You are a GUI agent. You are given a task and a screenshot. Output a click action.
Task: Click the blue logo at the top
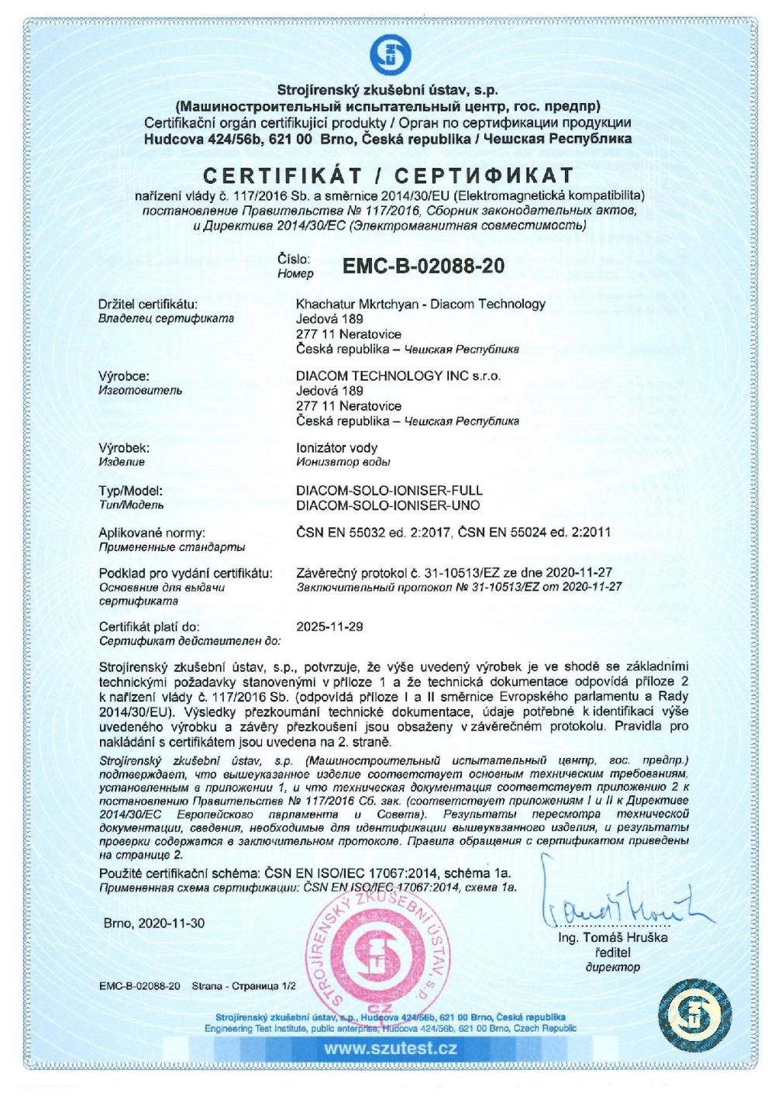(x=388, y=53)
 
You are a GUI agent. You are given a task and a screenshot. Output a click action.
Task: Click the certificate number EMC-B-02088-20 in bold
(x=423, y=267)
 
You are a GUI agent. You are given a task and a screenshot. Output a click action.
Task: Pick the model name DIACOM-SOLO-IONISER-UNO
(x=388, y=505)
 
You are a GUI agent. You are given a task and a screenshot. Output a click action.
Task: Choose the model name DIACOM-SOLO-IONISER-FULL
(x=390, y=491)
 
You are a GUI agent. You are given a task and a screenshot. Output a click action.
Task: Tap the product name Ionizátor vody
(x=337, y=448)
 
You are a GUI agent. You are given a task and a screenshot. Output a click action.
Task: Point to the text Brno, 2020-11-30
(x=154, y=924)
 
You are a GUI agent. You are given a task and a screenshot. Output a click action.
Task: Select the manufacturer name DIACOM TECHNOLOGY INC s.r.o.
(x=399, y=376)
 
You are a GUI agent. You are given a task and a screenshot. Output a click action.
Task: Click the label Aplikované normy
(x=152, y=532)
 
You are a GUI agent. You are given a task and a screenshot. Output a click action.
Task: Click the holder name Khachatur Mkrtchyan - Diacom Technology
(x=421, y=304)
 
